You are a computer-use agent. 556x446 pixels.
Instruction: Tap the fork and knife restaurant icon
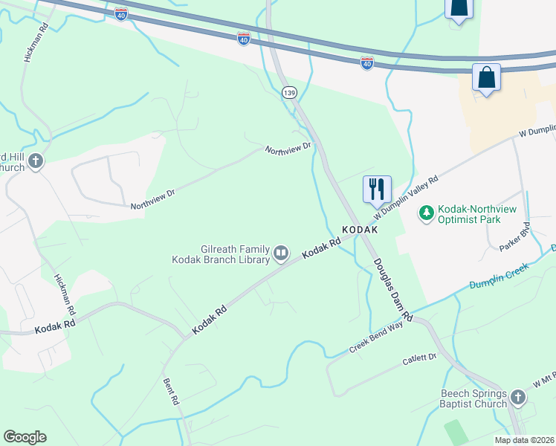(x=377, y=189)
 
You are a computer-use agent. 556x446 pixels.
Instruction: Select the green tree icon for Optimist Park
(x=427, y=214)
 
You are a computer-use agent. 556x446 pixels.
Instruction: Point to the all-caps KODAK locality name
(x=360, y=230)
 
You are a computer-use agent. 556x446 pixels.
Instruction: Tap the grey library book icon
(x=281, y=254)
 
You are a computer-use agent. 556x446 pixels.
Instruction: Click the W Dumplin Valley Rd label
(x=407, y=195)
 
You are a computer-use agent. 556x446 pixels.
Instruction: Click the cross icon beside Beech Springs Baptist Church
(x=517, y=400)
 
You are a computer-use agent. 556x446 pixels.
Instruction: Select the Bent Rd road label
(x=172, y=390)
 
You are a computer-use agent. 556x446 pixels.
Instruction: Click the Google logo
(x=25, y=437)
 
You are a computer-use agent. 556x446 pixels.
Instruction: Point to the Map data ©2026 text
(x=524, y=440)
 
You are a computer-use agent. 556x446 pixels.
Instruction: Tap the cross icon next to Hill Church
(x=36, y=161)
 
